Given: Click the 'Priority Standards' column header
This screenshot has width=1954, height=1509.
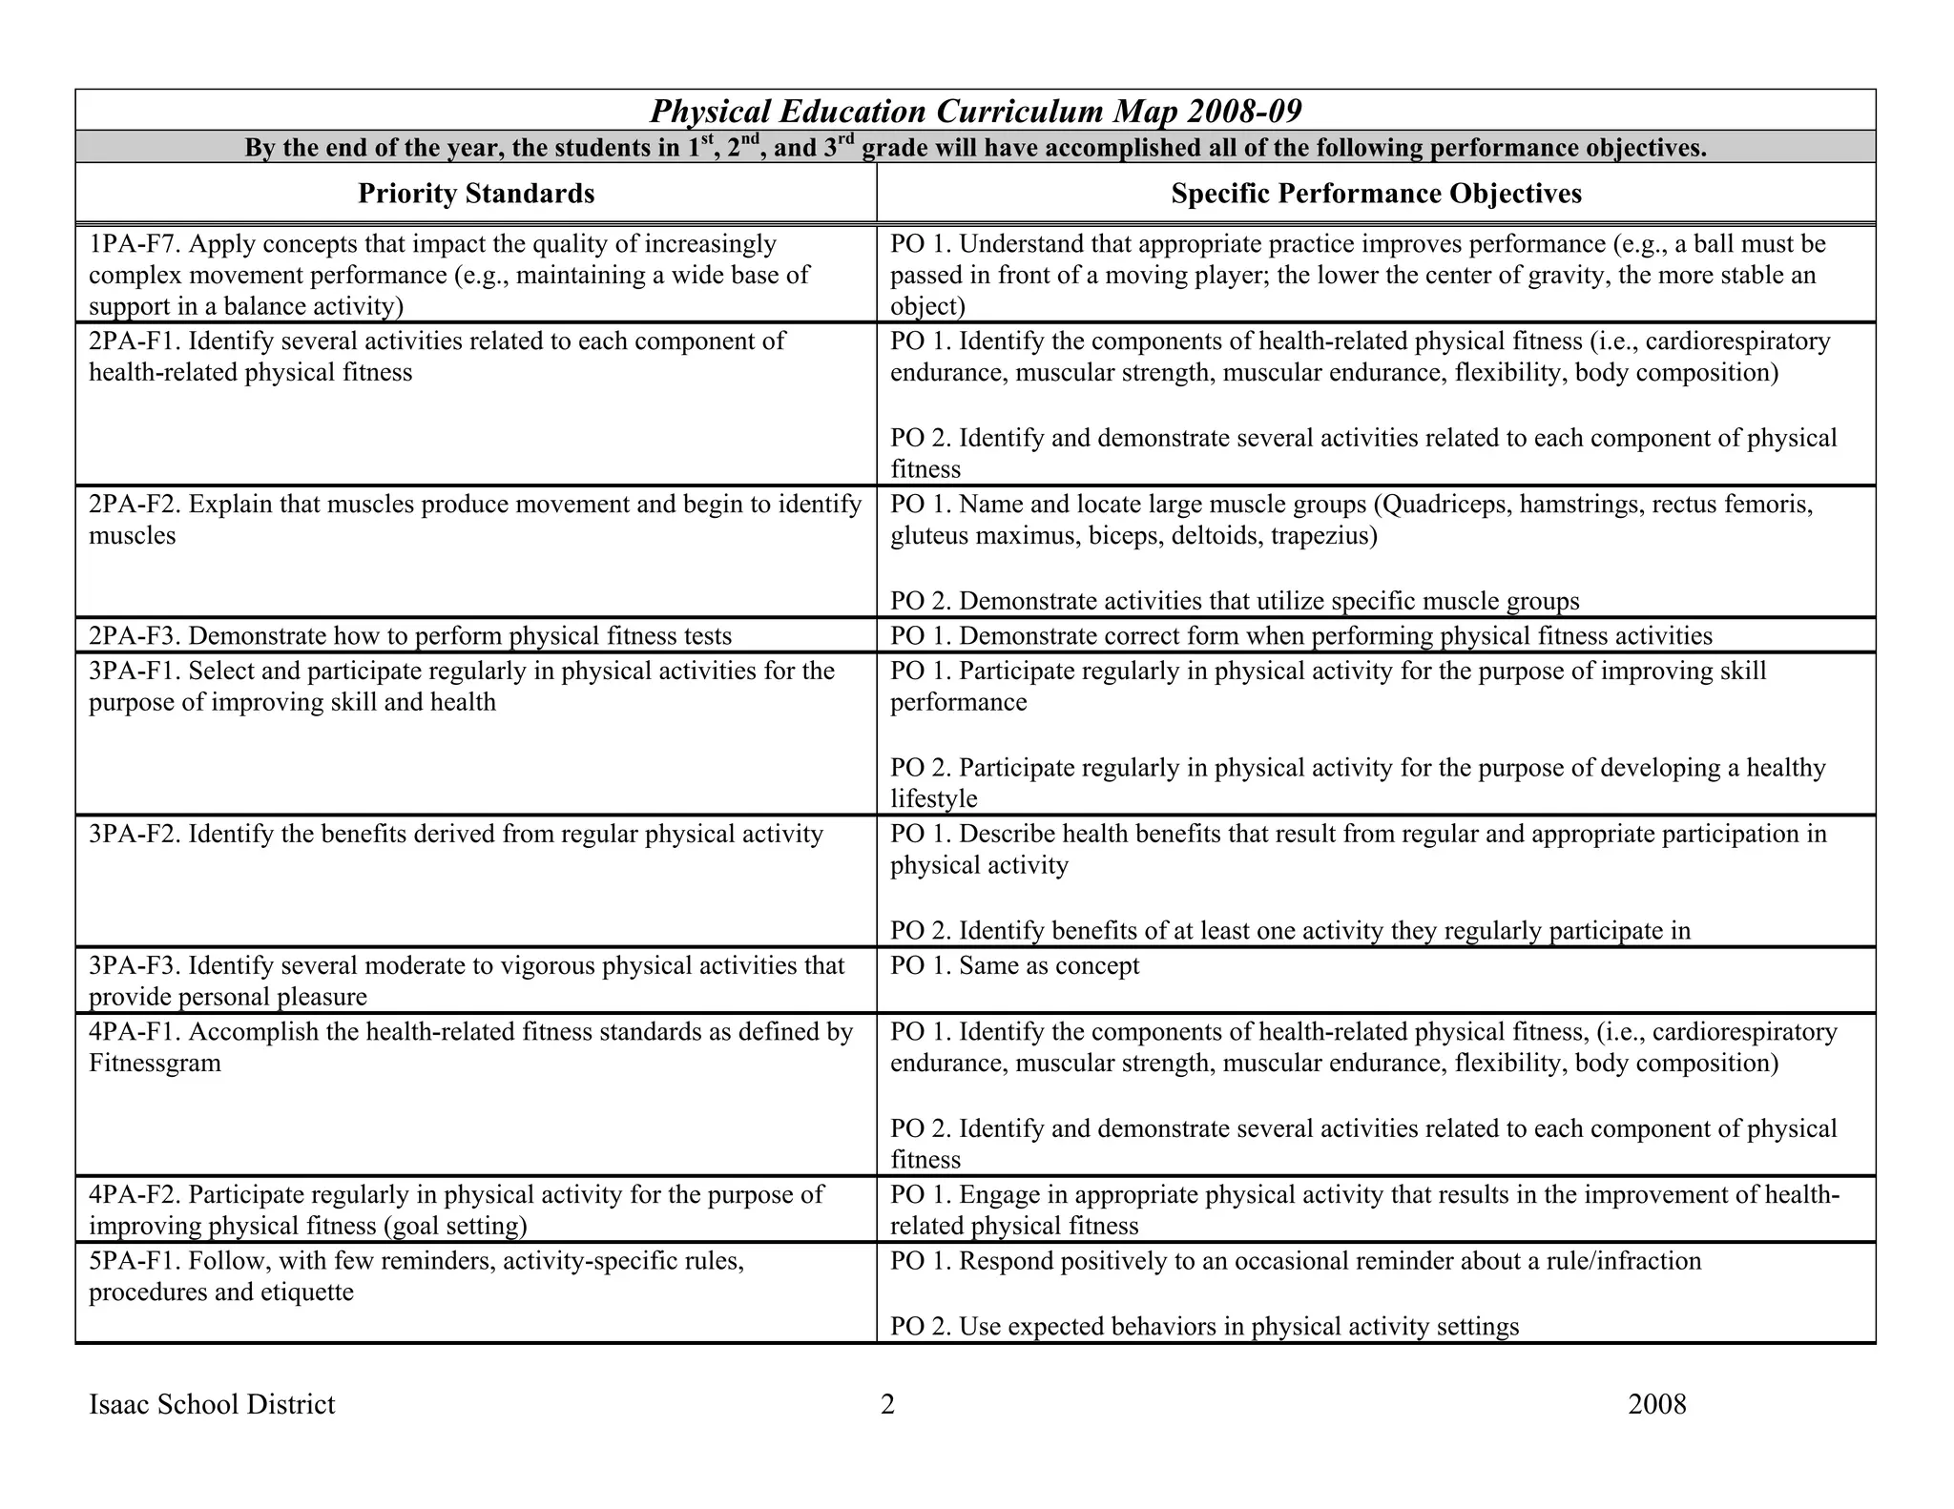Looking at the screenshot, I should (x=476, y=194).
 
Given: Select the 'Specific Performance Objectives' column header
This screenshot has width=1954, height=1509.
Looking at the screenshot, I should (x=1376, y=194).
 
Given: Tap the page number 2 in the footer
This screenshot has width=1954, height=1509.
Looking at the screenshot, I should (x=887, y=1404).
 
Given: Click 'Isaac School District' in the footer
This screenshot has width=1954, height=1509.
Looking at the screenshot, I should (x=212, y=1404).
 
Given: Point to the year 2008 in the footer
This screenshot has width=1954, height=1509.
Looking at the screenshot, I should (x=1657, y=1404).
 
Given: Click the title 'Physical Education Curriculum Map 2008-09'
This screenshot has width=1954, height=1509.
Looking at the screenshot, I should (x=975, y=112).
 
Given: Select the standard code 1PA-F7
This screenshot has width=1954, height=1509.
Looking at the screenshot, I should (x=135, y=244).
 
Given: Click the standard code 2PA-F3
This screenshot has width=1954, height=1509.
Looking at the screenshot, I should (x=135, y=636).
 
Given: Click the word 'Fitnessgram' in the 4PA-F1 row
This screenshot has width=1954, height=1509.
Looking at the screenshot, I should (x=155, y=1064).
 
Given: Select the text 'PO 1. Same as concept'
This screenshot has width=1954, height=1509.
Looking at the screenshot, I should (x=1014, y=966).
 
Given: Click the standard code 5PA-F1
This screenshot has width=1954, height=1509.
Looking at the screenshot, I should (x=135, y=1262).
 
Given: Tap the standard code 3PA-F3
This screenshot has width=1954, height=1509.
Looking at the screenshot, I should (x=135, y=966).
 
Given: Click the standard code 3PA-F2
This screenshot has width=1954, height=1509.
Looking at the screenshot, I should (x=135, y=835).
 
